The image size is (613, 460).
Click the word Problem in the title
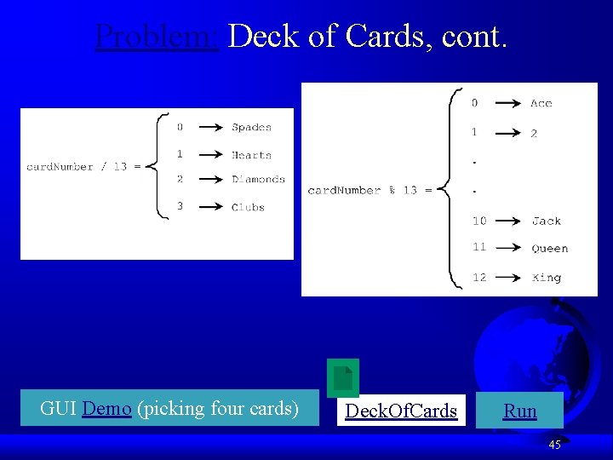(158, 37)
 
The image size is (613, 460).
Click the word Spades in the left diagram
(251, 128)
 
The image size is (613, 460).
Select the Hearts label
(251, 155)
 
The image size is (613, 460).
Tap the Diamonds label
(258, 180)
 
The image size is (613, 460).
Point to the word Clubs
(248, 207)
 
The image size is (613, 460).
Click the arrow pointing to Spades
(209, 128)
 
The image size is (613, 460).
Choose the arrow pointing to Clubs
(209, 207)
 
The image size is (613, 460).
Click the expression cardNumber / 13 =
(83, 167)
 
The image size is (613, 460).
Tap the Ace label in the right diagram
(541, 104)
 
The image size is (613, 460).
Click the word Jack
(546, 221)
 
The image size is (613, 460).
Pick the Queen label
(549, 249)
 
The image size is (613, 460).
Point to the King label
(546, 278)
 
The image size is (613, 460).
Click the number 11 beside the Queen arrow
(479, 247)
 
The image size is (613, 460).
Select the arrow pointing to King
(507, 278)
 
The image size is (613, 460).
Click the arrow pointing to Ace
(508, 104)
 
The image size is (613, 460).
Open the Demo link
(107, 409)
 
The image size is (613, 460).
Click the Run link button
(519, 411)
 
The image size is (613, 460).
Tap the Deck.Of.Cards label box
(401, 411)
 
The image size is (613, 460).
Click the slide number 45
(554, 445)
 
